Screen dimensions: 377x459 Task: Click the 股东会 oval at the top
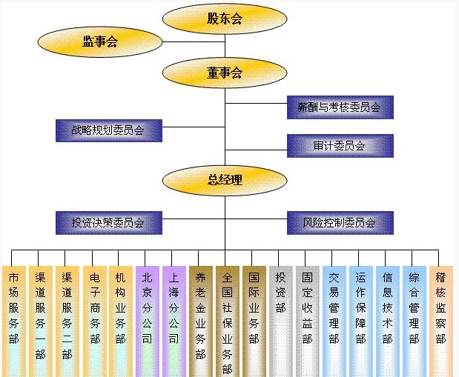tap(225, 19)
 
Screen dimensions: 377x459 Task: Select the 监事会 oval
tap(100, 42)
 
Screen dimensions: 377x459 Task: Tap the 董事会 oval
tap(225, 73)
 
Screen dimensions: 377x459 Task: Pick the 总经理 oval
tap(225, 179)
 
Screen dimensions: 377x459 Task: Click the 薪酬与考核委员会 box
tap(339, 107)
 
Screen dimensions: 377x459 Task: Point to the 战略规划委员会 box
tap(108, 130)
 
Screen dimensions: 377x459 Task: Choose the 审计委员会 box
tap(339, 146)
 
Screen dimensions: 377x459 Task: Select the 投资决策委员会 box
tap(108, 222)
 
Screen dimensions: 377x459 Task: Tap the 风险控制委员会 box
tap(339, 222)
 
